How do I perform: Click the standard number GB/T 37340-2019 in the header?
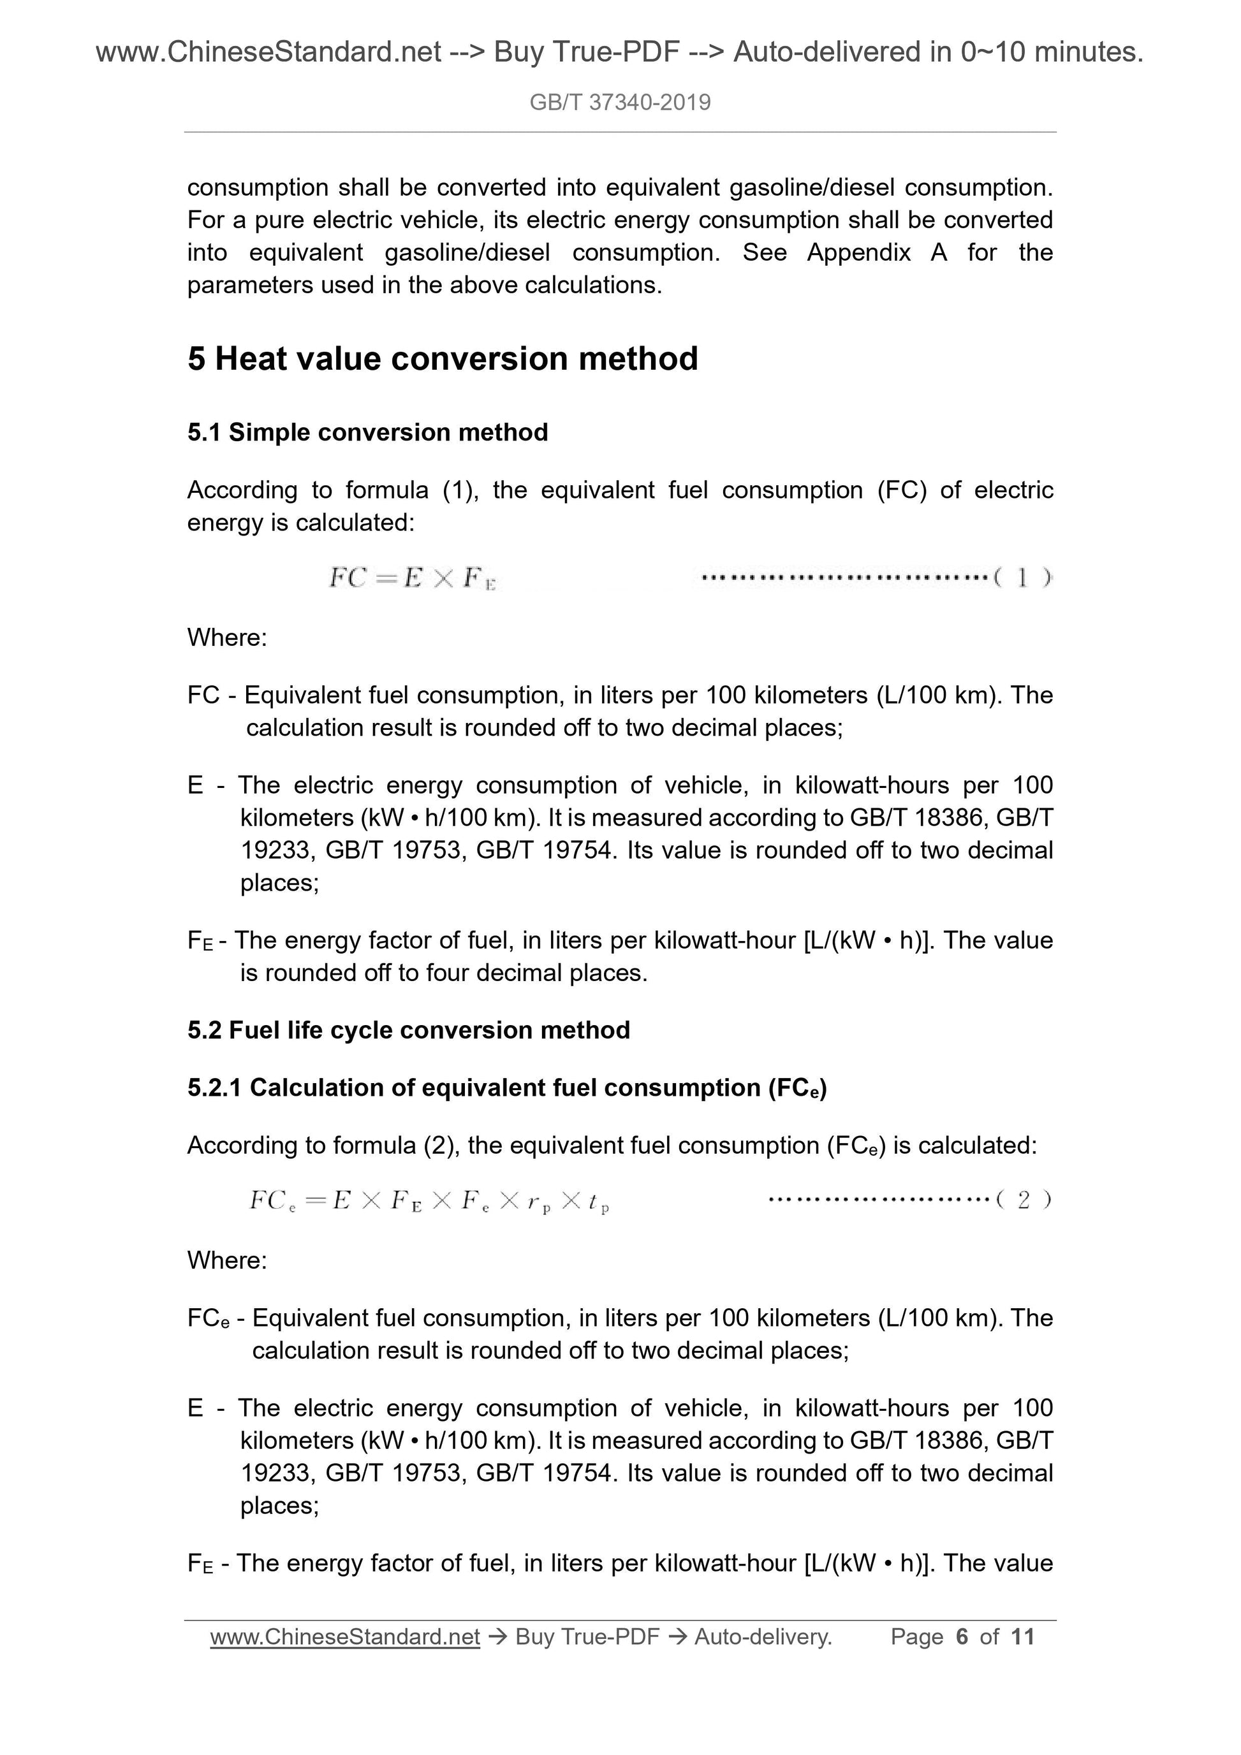(x=620, y=103)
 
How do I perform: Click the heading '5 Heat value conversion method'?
(x=443, y=358)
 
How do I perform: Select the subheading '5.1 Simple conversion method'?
(x=368, y=433)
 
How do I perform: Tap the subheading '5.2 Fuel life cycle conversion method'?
(x=408, y=1030)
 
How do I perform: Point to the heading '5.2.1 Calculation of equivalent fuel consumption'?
(x=507, y=1088)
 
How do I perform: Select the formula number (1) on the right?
(x=1023, y=579)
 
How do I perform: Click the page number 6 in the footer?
(x=962, y=1636)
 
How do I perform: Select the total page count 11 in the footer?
(x=1022, y=1636)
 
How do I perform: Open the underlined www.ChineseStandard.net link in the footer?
(x=345, y=1636)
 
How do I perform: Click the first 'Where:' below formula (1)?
(x=227, y=637)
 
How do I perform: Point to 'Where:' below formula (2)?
(x=227, y=1260)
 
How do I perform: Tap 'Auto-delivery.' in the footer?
(x=762, y=1636)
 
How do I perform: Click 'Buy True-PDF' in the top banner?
(x=587, y=52)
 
